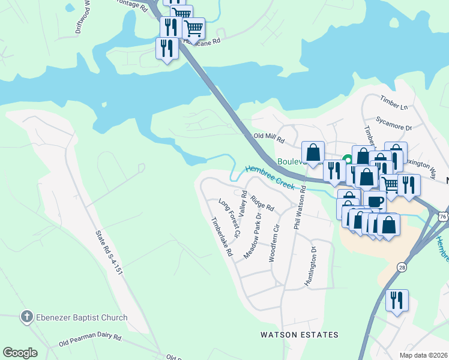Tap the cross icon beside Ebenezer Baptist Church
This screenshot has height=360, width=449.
(x=26, y=317)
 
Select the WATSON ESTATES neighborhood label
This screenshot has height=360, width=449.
(x=299, y=335)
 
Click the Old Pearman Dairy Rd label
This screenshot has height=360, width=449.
(x=90, y=340)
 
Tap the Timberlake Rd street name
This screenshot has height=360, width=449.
(x=220, y=237)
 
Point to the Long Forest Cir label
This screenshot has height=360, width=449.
(x=230, y=218)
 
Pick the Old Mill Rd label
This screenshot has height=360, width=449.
(x=268, y=137)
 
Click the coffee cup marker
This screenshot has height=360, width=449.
(x=375, y=201)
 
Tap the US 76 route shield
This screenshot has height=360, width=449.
(x=443, y=216)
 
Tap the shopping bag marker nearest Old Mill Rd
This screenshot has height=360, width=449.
(x=313, y=152)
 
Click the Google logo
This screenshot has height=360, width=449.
(x=20, y=353)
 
